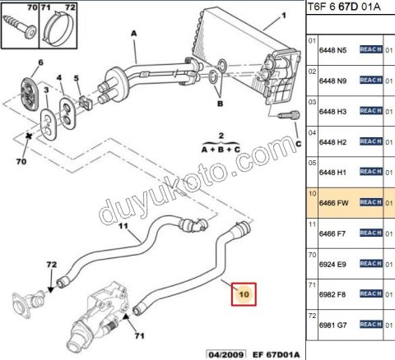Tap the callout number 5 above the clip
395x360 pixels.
77,81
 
